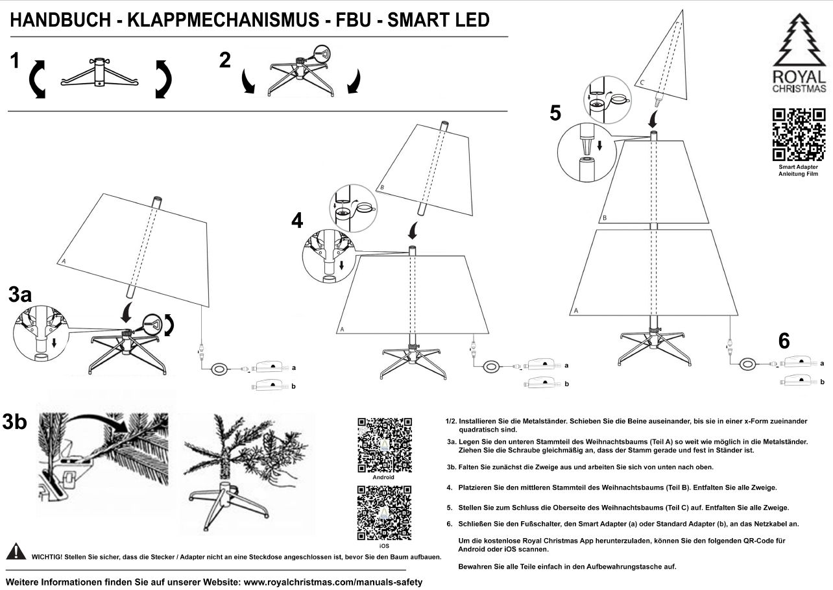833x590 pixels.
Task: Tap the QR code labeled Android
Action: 384,444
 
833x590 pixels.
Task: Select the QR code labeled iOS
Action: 384,513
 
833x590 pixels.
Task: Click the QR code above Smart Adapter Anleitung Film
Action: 799,134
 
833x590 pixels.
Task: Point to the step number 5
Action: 555,113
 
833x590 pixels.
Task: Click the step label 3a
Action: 20,295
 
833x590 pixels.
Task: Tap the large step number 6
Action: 784,341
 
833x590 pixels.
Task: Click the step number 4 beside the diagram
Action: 297,221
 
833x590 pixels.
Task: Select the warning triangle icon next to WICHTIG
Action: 16,552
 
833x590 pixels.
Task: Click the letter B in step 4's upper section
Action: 382,188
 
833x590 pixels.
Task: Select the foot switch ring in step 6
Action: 749,364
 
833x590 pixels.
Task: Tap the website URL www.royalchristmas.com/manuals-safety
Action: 333,582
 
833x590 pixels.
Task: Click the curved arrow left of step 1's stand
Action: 38,79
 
